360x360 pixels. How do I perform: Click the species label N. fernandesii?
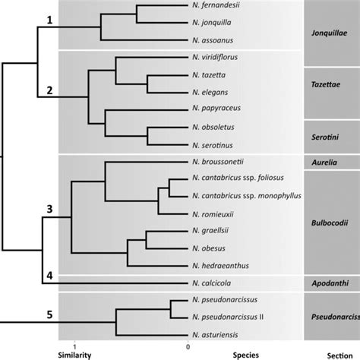click(216, 7)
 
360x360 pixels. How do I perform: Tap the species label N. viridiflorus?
click(216, 58)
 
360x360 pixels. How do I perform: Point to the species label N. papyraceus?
click(216, 111)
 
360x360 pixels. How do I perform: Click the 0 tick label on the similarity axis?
click(187, 346)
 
